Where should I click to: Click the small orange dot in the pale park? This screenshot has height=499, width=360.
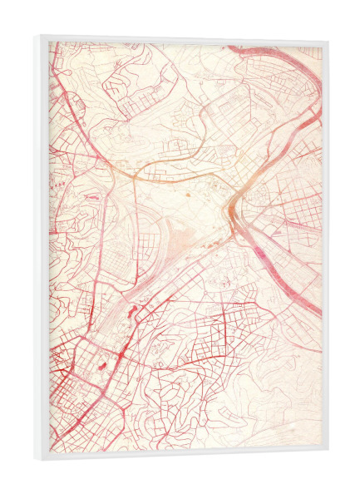point(187,194)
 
